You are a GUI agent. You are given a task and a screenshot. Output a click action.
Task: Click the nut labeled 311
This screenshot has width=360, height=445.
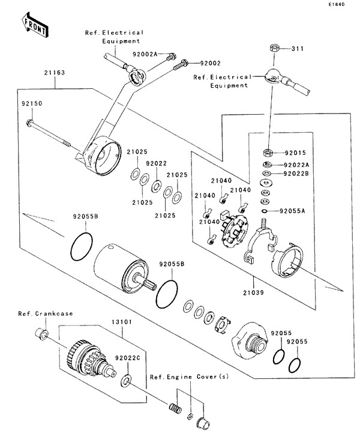coord(272,47)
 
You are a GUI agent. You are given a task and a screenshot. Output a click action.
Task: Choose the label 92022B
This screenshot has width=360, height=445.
coord(295,174)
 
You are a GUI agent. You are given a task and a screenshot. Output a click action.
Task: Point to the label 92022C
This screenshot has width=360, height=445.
coord(127,358)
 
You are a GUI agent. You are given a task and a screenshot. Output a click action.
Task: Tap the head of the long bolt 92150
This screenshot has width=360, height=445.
coord(29,124)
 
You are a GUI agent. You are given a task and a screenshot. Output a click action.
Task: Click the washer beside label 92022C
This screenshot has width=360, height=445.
coord(127,379)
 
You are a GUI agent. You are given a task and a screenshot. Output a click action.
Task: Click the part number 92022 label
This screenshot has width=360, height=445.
coord(156,163)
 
